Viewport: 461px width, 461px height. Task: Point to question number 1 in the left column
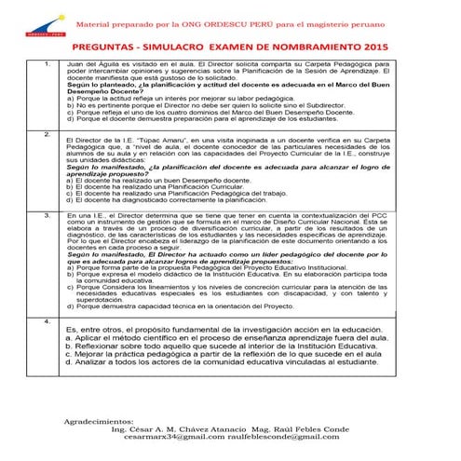pyautogui.click(x=47, y=62)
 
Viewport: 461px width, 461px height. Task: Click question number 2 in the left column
pyautogui.click(x=47, y=134)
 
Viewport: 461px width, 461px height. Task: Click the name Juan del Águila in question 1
pyautogui.click(x=92, y=62)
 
